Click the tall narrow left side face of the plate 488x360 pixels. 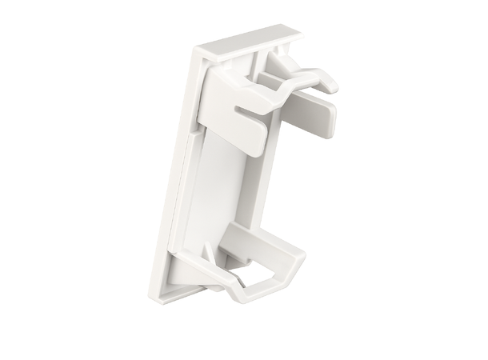[x=181, y=160]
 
